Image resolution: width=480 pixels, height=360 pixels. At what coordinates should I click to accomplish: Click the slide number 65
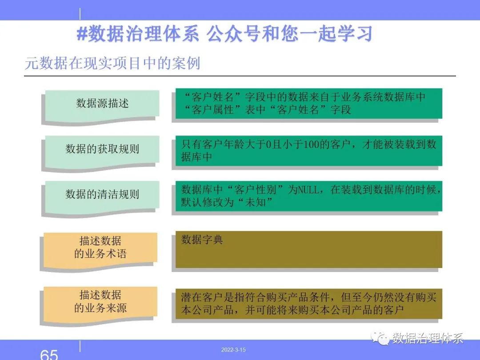pos(49,355)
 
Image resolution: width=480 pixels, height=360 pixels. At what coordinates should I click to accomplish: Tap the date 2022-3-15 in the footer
pos(233,350)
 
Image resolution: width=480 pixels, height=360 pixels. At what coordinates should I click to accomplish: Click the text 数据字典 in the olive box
pos(202,240)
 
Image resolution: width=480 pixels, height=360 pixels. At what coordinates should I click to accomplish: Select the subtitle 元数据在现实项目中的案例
pos(112,64)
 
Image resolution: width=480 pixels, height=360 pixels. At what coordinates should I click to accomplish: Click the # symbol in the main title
pos(82,34)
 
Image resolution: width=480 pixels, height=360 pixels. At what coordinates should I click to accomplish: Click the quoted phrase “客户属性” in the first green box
pos(213,110)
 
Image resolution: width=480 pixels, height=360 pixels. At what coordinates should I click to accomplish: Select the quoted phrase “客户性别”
pos(255,190)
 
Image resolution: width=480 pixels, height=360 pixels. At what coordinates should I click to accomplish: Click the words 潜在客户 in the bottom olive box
pos(202,297)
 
